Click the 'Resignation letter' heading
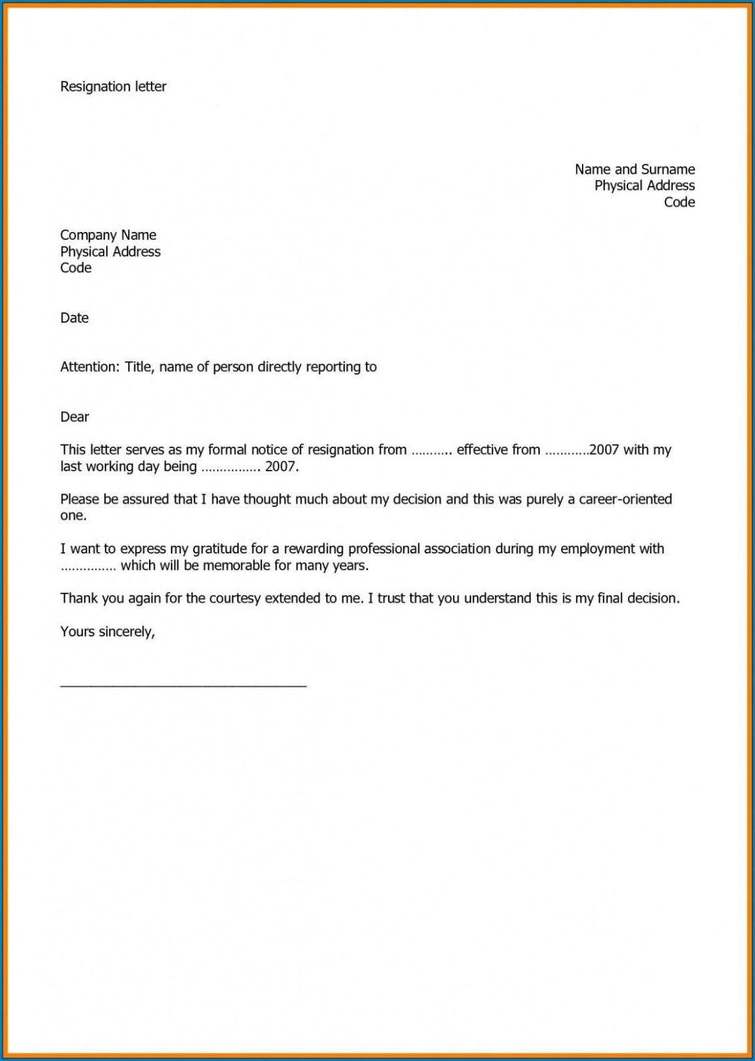click(113, 87)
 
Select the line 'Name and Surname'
click(634, 169)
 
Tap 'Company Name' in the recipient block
click(108, 235)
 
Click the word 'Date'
click(74, 318)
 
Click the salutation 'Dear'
click(74, 417)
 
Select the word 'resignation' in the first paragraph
click(340, 450)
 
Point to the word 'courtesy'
click(235, 598)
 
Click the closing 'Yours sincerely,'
click(108, 632)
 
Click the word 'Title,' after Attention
click(140, 367)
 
